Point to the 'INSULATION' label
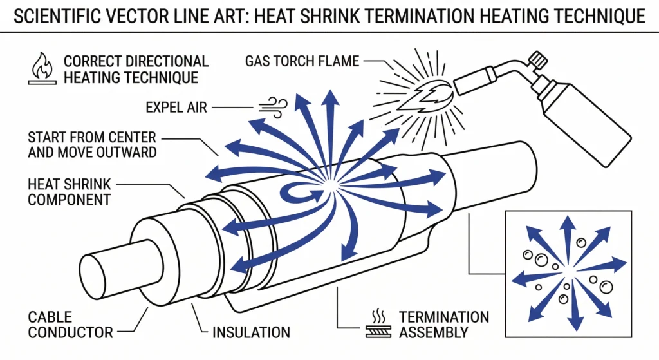click(x=251, y=332)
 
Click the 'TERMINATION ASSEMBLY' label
click(x=443, y=325)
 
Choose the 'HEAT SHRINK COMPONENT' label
click(x=69, y=191)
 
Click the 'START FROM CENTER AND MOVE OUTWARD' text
click(x=91, y=144)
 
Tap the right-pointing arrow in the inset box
click(x=611, y=264)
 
